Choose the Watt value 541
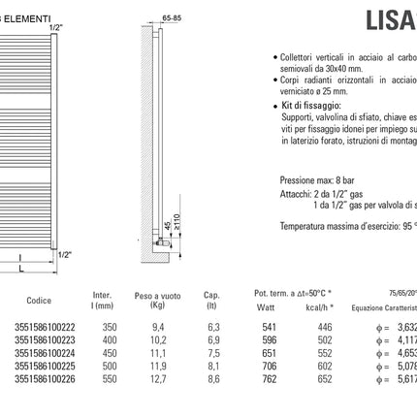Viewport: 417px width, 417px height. click(x=270, y=328)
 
